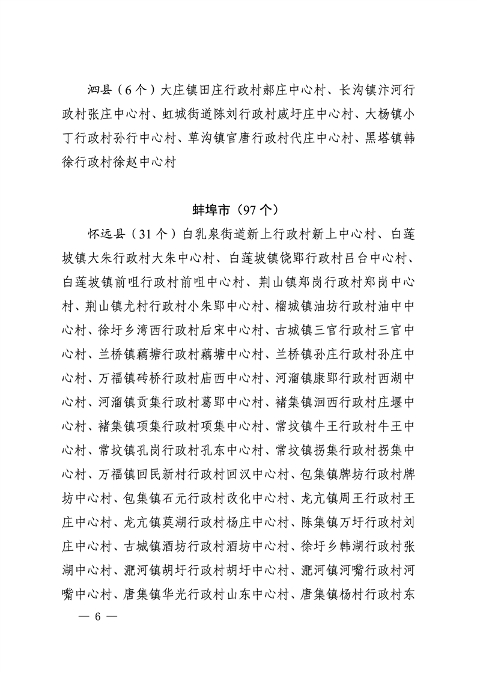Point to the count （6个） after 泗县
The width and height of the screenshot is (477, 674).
[136, 91]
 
